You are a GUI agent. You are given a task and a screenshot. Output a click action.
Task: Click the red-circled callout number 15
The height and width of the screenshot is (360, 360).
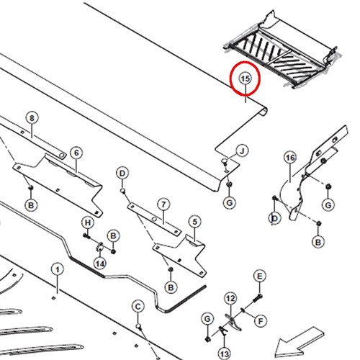click(245, 78)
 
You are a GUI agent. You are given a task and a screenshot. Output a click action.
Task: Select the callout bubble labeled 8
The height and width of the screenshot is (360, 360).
click(32, 118)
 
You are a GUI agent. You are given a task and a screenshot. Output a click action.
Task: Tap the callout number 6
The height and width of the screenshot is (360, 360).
click(76, 153)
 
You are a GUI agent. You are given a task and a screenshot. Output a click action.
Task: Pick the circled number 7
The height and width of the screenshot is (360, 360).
click(163, 204)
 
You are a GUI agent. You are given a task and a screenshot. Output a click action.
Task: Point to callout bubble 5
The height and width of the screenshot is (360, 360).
click(194, 222)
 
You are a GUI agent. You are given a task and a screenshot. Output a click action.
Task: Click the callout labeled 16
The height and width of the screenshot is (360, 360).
click(290, 158)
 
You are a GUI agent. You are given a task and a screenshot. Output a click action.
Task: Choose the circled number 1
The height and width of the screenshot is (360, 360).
click(58, 269)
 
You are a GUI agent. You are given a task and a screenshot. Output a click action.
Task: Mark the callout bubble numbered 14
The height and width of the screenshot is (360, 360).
click(100, 264)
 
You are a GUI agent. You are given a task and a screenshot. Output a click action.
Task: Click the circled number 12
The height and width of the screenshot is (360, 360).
click(230, 299)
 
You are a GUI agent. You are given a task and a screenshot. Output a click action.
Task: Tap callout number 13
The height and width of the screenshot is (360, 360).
click(225, 354)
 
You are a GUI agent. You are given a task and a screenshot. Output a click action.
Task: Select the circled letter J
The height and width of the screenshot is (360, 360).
click(242, 151)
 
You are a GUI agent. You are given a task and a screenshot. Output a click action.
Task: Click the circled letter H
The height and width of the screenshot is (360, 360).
click(88, 222)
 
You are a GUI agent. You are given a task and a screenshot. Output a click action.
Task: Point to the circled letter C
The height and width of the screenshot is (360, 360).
click(138, 307)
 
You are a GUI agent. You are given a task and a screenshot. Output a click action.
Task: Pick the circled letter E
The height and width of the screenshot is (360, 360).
click(260, 276)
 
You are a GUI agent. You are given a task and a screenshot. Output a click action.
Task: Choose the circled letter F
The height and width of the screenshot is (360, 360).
click(261, 321)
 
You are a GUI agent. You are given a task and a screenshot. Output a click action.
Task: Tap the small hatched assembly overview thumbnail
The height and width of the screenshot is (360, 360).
click(282, 52)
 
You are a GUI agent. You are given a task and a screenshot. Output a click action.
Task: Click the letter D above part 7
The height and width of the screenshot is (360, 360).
click(122, 173)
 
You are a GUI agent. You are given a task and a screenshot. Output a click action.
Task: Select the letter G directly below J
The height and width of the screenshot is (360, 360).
click(230, 203)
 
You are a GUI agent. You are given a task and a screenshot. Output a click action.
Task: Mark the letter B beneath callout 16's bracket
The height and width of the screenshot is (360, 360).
click(318, 242)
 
